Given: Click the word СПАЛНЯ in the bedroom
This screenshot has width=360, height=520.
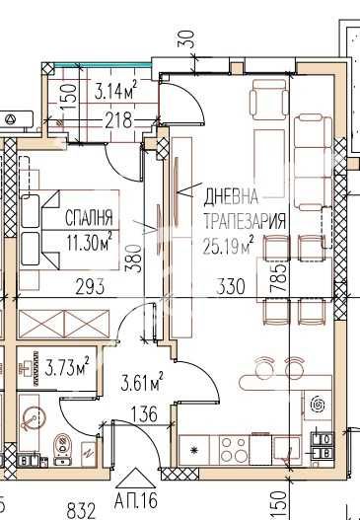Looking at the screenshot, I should pyautogui.click(x=89, y=217).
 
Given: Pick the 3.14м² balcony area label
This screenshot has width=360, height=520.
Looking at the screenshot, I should pyautogui.click(x=115, y=94).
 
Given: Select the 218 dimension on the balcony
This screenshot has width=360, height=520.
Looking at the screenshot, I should pyautogui.click(x=118, y=122).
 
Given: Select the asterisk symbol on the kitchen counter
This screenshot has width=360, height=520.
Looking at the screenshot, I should pyautogui.click(x=194, y=451).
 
